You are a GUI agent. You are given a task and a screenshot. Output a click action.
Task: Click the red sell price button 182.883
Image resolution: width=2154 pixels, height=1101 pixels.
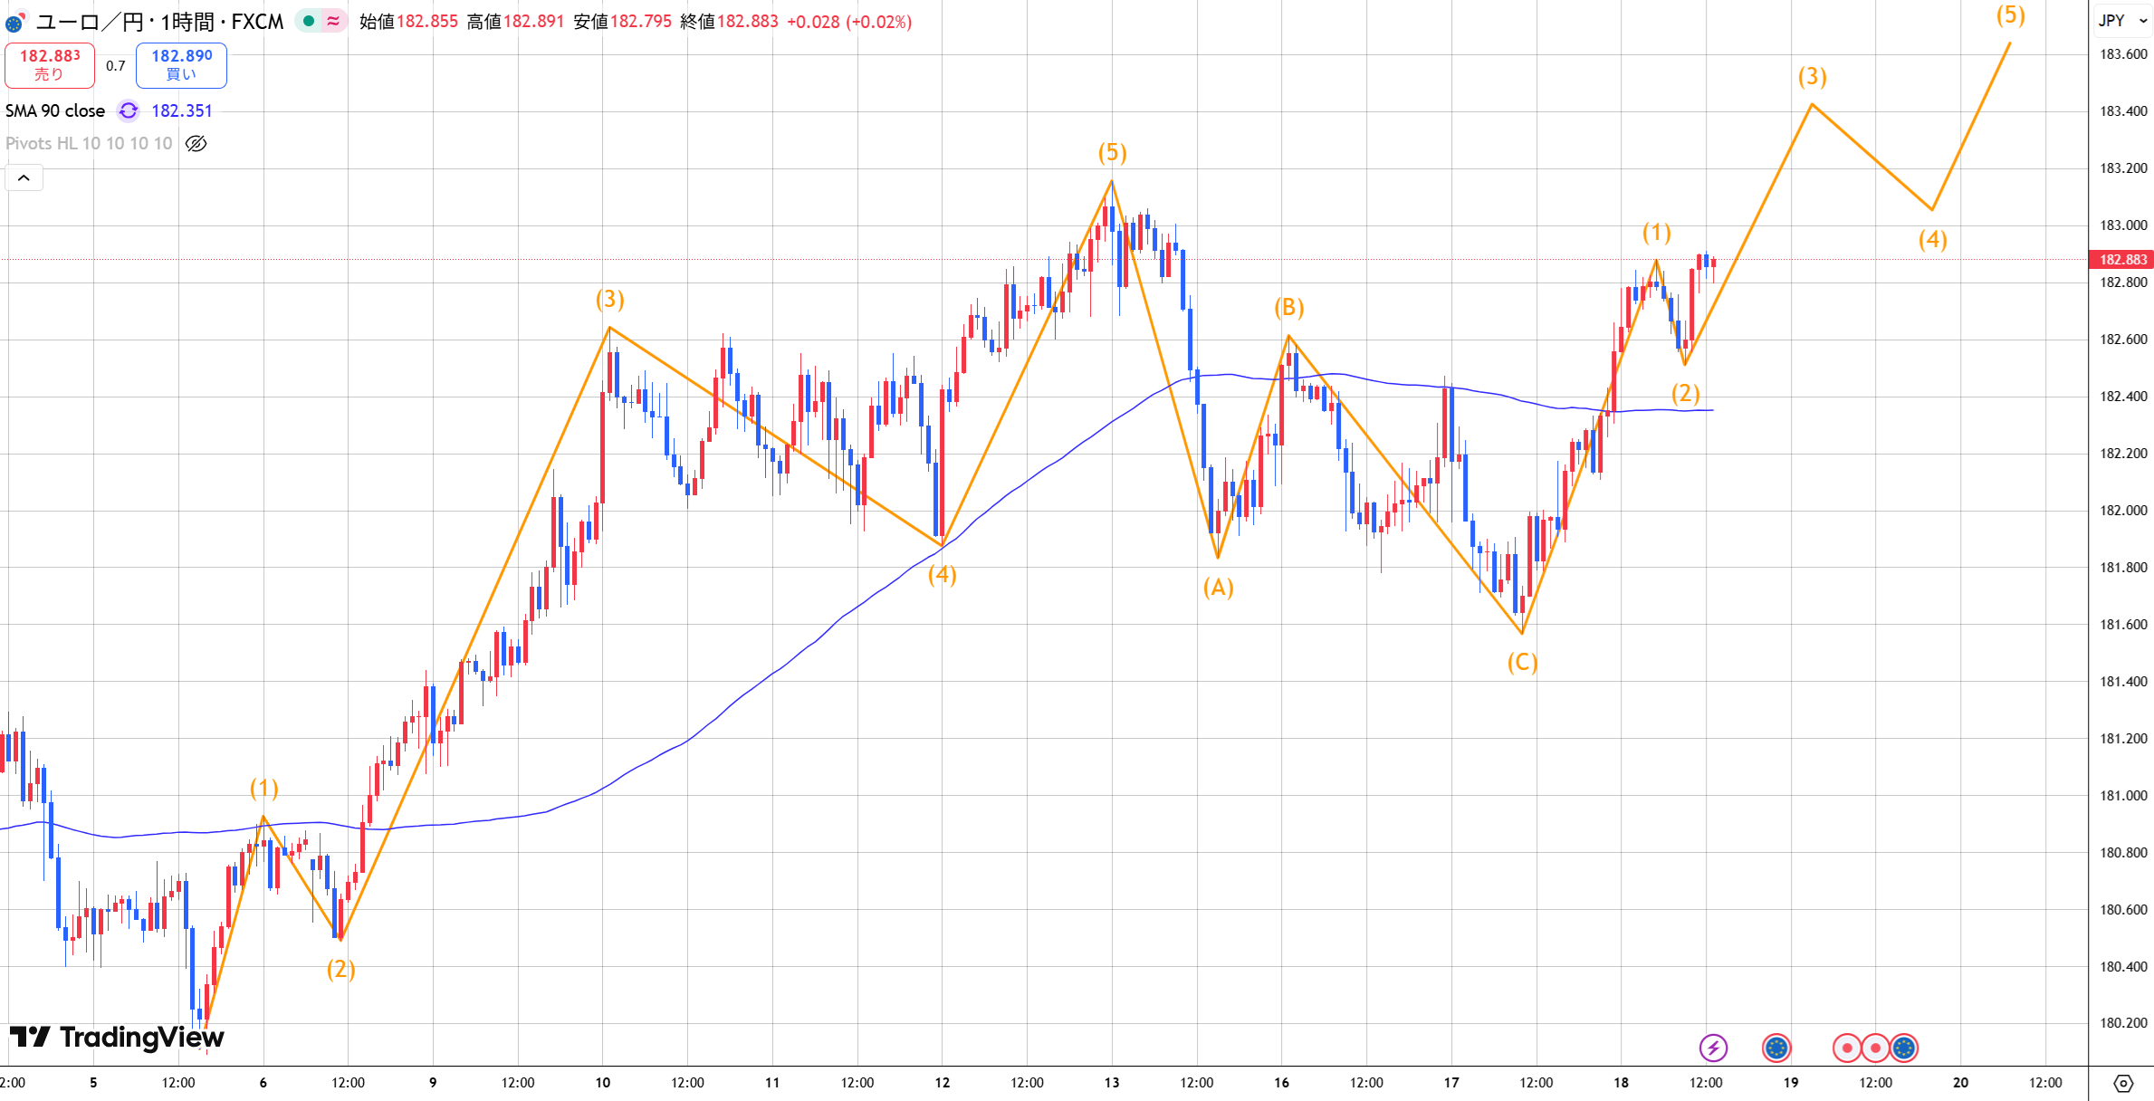coord(50,64)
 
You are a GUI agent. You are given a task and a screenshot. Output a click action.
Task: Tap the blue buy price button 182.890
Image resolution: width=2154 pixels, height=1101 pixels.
coord(181,64)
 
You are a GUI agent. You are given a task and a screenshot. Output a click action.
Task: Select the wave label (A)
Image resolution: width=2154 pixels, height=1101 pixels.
coord(1218,589)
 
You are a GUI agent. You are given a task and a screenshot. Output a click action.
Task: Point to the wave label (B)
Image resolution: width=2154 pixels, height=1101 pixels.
coord(1288,308)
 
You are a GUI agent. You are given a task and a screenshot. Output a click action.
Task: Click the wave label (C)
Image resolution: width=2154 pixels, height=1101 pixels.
coord(1522,663)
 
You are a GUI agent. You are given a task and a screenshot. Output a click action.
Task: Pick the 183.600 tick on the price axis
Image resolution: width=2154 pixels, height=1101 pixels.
coord(2122,54)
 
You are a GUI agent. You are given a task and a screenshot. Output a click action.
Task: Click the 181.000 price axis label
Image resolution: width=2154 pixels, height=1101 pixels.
coord(2122,796)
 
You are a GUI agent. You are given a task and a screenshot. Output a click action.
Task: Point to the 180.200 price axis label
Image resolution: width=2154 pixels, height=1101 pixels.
coord(2122,1023)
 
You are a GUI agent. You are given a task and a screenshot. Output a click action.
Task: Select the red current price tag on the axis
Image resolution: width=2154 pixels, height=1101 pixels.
coord(2121,260)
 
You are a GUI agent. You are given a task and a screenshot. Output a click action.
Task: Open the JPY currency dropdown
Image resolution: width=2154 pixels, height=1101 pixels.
coord(2121,20)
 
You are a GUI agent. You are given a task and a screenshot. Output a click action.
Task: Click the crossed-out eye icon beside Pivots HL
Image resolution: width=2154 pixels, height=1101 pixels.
coord(196,143)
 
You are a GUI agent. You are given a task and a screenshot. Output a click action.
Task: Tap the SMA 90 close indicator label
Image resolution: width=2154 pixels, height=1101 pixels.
coord(55,110)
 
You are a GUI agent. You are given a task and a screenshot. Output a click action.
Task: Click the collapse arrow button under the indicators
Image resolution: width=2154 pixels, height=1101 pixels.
coord(24,177)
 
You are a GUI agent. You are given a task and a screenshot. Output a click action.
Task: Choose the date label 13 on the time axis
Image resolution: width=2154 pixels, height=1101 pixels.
coord(1112,1082)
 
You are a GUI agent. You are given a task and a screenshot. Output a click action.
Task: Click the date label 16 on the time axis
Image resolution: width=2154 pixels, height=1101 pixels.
coord(1281,1082)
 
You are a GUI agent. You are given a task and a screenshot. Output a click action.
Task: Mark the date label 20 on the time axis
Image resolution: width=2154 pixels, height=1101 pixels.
coord(1960,1082)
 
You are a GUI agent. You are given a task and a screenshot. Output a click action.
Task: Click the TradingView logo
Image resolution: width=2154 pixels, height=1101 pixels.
coord(118,1037)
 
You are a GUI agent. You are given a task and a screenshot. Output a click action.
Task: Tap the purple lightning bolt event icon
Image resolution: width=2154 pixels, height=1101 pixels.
coord(1713,1048)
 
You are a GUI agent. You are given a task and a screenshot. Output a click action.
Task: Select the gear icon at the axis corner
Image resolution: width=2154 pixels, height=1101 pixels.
coord(2122,1083)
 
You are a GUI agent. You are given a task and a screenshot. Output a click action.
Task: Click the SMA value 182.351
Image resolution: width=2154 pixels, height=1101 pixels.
coord(181,110)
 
